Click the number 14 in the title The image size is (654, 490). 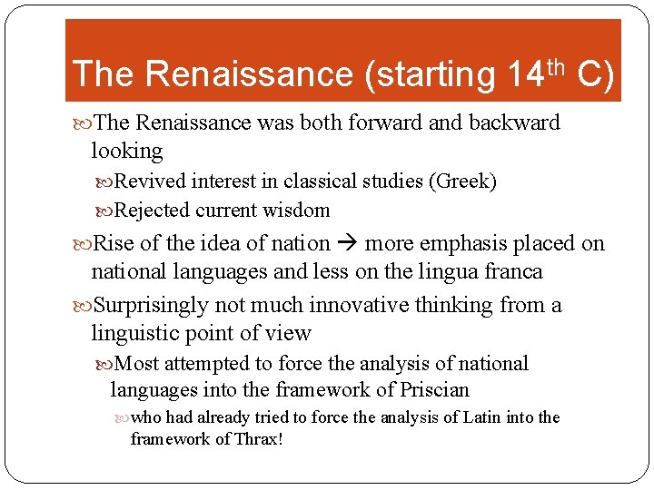pyautogui.click(x=524, y=73)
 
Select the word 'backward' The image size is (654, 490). pyautogui.click(x=515, y=122)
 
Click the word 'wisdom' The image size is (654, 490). pyautogui.click(x=296, y=211)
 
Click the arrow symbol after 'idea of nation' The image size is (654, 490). pyautogui.click(x=348, y=243)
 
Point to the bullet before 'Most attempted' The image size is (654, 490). pyautogui.click(x=107, y=364)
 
